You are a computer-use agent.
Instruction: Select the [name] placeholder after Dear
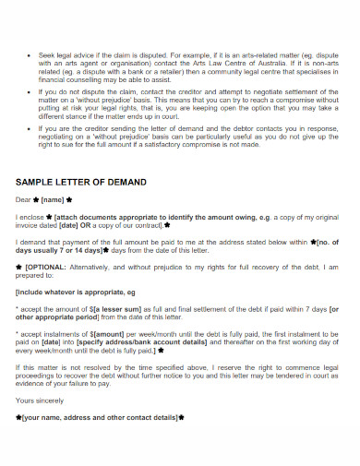(54, 197)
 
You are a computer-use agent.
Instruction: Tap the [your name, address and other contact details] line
(99, 417)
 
